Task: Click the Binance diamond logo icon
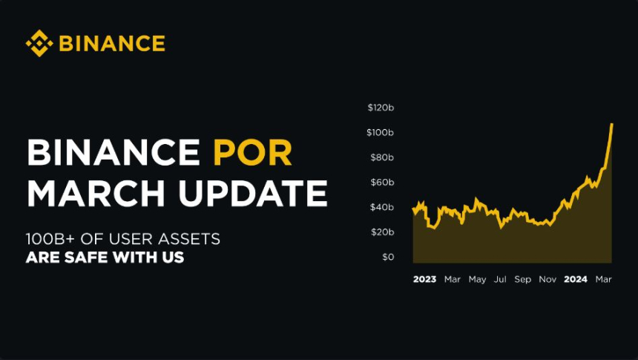pyautogui.click(x=39, y=43)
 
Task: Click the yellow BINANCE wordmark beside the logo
pyautogui.click(x=112, y=44)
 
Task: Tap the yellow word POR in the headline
pyautogui.click(x=253, y=153)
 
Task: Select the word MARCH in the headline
pyautogui.click(x=96, y=193)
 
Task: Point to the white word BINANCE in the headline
pyautogui.click(x=114, y=153)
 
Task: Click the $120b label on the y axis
pyautogui.click(x=381, y=108)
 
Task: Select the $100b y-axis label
pyautogui.click(x=380, y=132)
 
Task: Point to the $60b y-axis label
pyautogui.click(x=382, y=182)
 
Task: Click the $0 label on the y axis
pyautogui.click(x=388, y=257)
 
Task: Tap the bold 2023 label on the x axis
pyautogui.click(x=424, y=279)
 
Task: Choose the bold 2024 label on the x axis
pyautogui.click(x=576, y=279)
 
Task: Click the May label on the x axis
pyautogui.click(x=477, y=279)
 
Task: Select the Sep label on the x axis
pyautogui.click(x=523, y=279)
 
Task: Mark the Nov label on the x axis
pyautogui.click(x=547, y=279)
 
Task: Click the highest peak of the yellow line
pyautogui.click(x=612, y=124)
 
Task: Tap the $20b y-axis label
pyautogui.click(x=382, y=232)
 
